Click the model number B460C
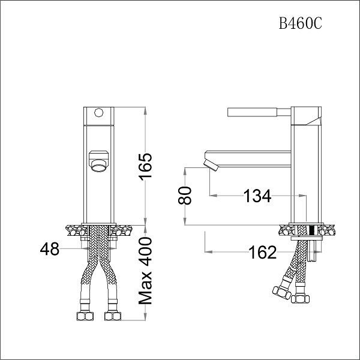(300, 23)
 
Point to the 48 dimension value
(50, 249)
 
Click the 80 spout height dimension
(187, 195)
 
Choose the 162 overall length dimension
(263, 252)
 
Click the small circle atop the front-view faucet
(98, 112)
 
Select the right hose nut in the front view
(112, 316)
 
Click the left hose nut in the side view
(280, 292)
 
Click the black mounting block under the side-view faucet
(310, 229)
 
